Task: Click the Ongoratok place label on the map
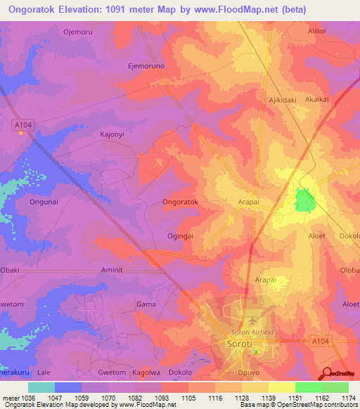pos(181,202)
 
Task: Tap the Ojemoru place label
pos(78,32)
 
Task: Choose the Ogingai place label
pos(180,236)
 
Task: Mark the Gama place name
pos(146,304)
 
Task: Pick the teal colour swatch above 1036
pos(41,387)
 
